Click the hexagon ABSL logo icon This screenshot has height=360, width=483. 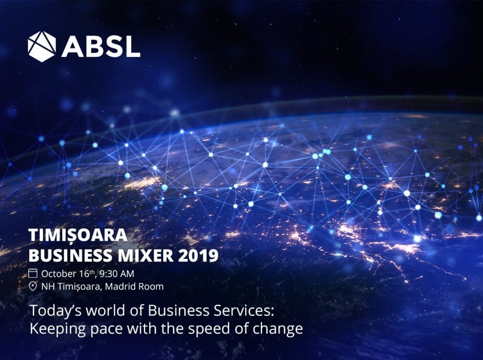pyautogui.click(x=42, y=46)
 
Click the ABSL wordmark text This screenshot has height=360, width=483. pyautogui.click(x=101, y=47)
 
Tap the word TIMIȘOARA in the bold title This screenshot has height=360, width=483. pyautogui.click(x=78, y=235)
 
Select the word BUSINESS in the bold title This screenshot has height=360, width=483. pyautogui.click(x=70, y=255)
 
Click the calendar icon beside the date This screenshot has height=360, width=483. pyautogui.click(x=33, y=273)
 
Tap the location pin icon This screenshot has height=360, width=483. pyautogui.click(x=33, y=287)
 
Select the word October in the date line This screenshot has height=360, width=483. pyautogui.click(x=58, y=274)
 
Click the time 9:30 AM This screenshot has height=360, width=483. pyautogui.click(x=117, y=274)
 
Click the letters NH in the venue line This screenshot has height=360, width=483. pyautogui.click(x=48, y=287)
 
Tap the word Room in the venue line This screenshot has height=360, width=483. pyautogui.click(x=150, y=287)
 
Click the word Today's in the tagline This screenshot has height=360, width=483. pyautogui.click(x=56, y=311)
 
